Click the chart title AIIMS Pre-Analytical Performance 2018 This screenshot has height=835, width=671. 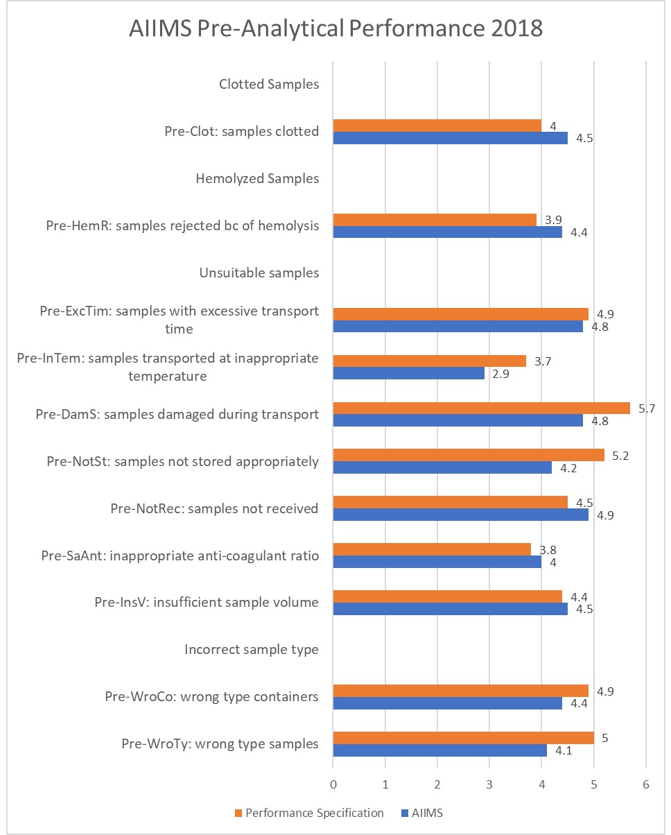[x=335, y=30]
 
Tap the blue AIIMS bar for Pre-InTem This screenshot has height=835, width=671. [x=408, y=373]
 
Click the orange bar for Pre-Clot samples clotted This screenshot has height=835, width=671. [x=437, y=125]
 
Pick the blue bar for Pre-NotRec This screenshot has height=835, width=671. [x=460, y=515]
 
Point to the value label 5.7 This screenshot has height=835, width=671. [x=644, y=408]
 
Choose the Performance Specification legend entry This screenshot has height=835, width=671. [x=309, y=812]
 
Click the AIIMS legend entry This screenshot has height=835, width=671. [x=433, y=812]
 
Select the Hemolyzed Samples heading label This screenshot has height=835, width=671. [x=257, y=179]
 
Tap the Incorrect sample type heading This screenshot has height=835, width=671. [x=251, y=650]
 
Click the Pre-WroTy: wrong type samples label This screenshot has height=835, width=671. [x=220, y=744]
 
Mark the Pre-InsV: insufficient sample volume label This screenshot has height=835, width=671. [x=207, y=602]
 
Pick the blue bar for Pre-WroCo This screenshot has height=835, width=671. [x=447, y=703]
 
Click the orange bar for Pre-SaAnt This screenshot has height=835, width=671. [x=432, y=549]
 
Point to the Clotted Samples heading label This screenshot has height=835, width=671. [x=269, y=85]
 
